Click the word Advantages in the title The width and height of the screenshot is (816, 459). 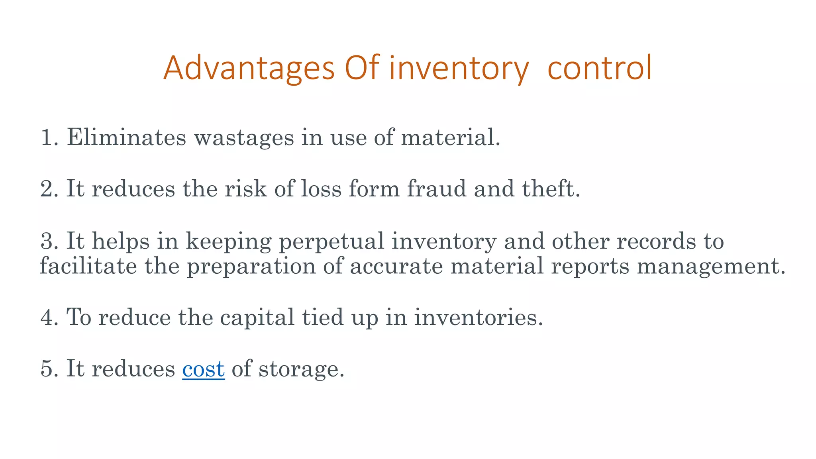tap(249, 69)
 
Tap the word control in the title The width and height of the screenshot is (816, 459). tap(600, 69)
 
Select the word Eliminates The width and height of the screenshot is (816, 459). tap(126, 137)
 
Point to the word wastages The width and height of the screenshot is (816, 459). tap(244, 138)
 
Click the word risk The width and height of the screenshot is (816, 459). tap(245, 188)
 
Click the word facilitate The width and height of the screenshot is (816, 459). tap(88, 266)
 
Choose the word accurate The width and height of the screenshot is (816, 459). tap(396, 266)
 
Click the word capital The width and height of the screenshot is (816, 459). tap(257, 318)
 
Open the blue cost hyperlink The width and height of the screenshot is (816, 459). tap(203, 369)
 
